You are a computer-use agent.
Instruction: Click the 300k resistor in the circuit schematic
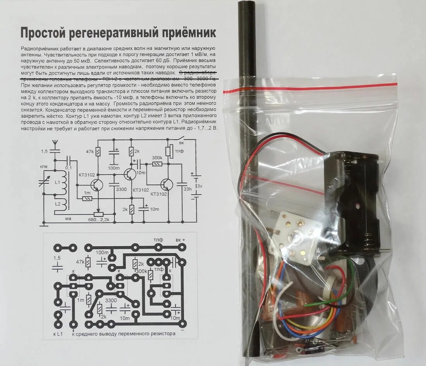157,164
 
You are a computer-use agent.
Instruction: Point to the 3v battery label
199,186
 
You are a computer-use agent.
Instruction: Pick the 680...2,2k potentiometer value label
98,220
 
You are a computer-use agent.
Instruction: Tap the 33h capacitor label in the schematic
187,189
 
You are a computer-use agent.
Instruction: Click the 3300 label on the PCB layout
111,301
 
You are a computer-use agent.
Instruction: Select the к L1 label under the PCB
57,333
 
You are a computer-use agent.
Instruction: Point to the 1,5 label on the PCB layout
57,258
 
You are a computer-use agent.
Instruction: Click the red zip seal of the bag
310,87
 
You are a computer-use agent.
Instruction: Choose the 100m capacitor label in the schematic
113,168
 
